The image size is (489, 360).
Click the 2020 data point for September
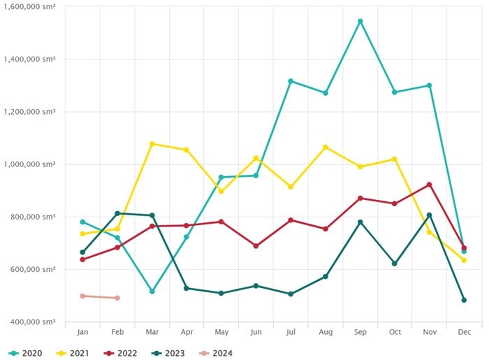360,21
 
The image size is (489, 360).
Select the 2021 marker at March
152,144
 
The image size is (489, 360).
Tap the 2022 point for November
429,185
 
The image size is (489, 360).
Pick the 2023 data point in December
464,300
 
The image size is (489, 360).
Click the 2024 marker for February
117,298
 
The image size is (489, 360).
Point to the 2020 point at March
152,291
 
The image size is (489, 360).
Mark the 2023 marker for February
117,213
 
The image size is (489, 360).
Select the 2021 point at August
326,147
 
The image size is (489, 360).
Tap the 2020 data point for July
291,81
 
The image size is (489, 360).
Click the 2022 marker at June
256,246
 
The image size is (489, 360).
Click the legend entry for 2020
25,353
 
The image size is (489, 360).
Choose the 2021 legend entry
73,353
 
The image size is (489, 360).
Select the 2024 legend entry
216,353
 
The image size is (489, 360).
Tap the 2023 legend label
175,353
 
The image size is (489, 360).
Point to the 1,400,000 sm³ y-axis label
29,59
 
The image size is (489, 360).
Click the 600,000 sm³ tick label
33,269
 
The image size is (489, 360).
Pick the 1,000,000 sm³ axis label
29,164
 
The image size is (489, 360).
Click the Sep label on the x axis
360,332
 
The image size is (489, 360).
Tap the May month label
221,332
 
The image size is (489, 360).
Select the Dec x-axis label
464,332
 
